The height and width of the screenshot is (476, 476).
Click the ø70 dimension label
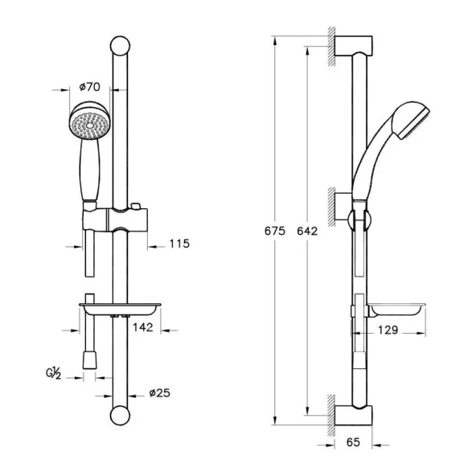click(89, 87)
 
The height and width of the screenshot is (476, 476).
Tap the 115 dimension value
click(179, 244)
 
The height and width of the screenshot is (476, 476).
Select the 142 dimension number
click(142, 327)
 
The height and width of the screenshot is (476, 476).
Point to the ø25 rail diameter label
click(160, 393)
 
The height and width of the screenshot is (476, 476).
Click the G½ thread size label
click(54, 373)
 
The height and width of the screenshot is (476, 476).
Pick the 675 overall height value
click(275, 231)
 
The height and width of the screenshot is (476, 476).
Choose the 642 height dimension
click(307, 231)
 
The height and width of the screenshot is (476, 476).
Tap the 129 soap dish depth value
click(388, 330)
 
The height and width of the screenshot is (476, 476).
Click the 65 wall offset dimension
click(353, 442)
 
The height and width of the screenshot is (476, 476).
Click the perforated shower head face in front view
click(90, 125)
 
